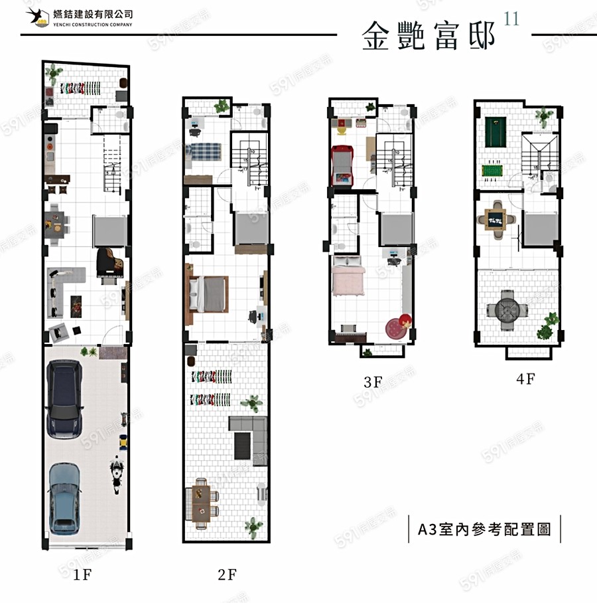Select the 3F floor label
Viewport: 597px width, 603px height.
tap(373, 382)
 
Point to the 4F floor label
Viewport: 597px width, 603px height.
tap(525, 379)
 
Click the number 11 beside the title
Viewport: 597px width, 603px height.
tap(511, 19)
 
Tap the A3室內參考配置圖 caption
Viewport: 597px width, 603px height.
tap(485, 529)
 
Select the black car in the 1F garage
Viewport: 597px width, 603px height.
tap(64, 398)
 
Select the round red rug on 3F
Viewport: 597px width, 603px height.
tap(398, 327)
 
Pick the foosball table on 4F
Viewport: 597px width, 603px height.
tap(492, 170)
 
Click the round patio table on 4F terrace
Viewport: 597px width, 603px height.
tap(507, 309)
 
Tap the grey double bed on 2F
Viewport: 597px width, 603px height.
tap(209, 294)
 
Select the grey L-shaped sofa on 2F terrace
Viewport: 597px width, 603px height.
tap(248, 435)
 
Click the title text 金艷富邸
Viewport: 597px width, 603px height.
tap(429, 36)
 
